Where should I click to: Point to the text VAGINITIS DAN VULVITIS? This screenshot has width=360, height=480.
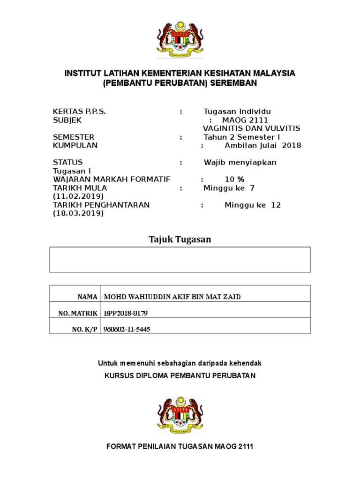click(252, 128)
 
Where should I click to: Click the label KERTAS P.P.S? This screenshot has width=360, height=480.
click(79, 112)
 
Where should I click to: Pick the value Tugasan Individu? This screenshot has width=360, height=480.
click(237, 112)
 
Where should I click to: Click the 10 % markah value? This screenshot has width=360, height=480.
click(234, 180)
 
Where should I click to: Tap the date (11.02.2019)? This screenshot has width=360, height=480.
click(78, 196)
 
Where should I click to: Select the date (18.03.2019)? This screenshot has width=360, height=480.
click(78, 213)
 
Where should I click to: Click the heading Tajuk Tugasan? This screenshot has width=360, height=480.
click(180, 240)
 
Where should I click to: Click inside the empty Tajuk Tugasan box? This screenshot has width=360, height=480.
click(180, 260)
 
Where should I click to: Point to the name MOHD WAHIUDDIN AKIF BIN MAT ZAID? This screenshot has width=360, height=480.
click(175, 297)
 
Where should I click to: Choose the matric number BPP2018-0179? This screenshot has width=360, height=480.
click(128, 313)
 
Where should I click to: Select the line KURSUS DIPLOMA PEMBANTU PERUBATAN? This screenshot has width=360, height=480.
click(180, 376)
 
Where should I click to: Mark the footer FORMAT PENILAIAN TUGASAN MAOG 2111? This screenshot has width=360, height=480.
click(180, 447)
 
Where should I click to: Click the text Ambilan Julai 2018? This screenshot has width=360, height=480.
click(263, 145)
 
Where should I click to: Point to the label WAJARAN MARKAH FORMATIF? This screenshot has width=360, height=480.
click(112, 180)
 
